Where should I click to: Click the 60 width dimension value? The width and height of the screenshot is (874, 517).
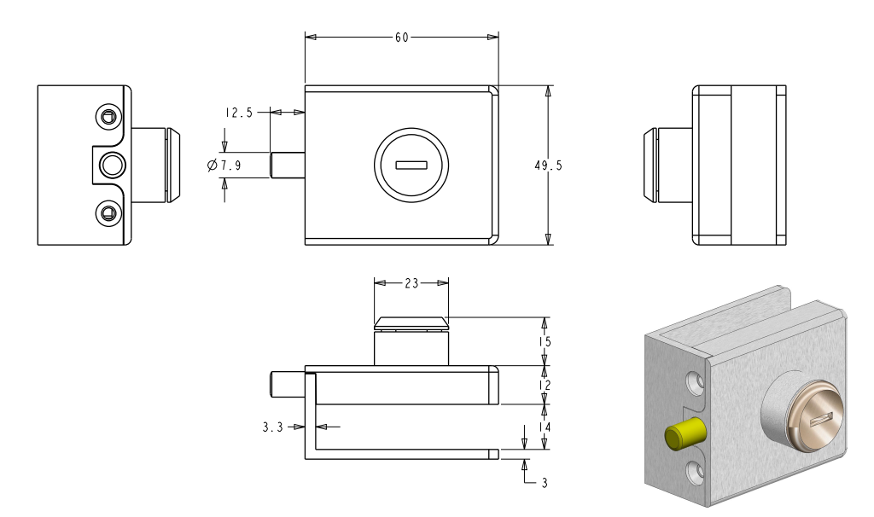click(x=401, y=38)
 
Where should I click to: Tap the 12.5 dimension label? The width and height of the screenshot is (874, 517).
click(x=239, y=113)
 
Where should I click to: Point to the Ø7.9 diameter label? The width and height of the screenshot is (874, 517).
click(x=224, y=166)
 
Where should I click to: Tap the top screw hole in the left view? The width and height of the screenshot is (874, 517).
click(x=108, y=116)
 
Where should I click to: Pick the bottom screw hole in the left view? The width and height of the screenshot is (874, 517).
click(x=108, y=212)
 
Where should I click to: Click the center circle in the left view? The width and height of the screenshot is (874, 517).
click(x=111, y=164)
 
